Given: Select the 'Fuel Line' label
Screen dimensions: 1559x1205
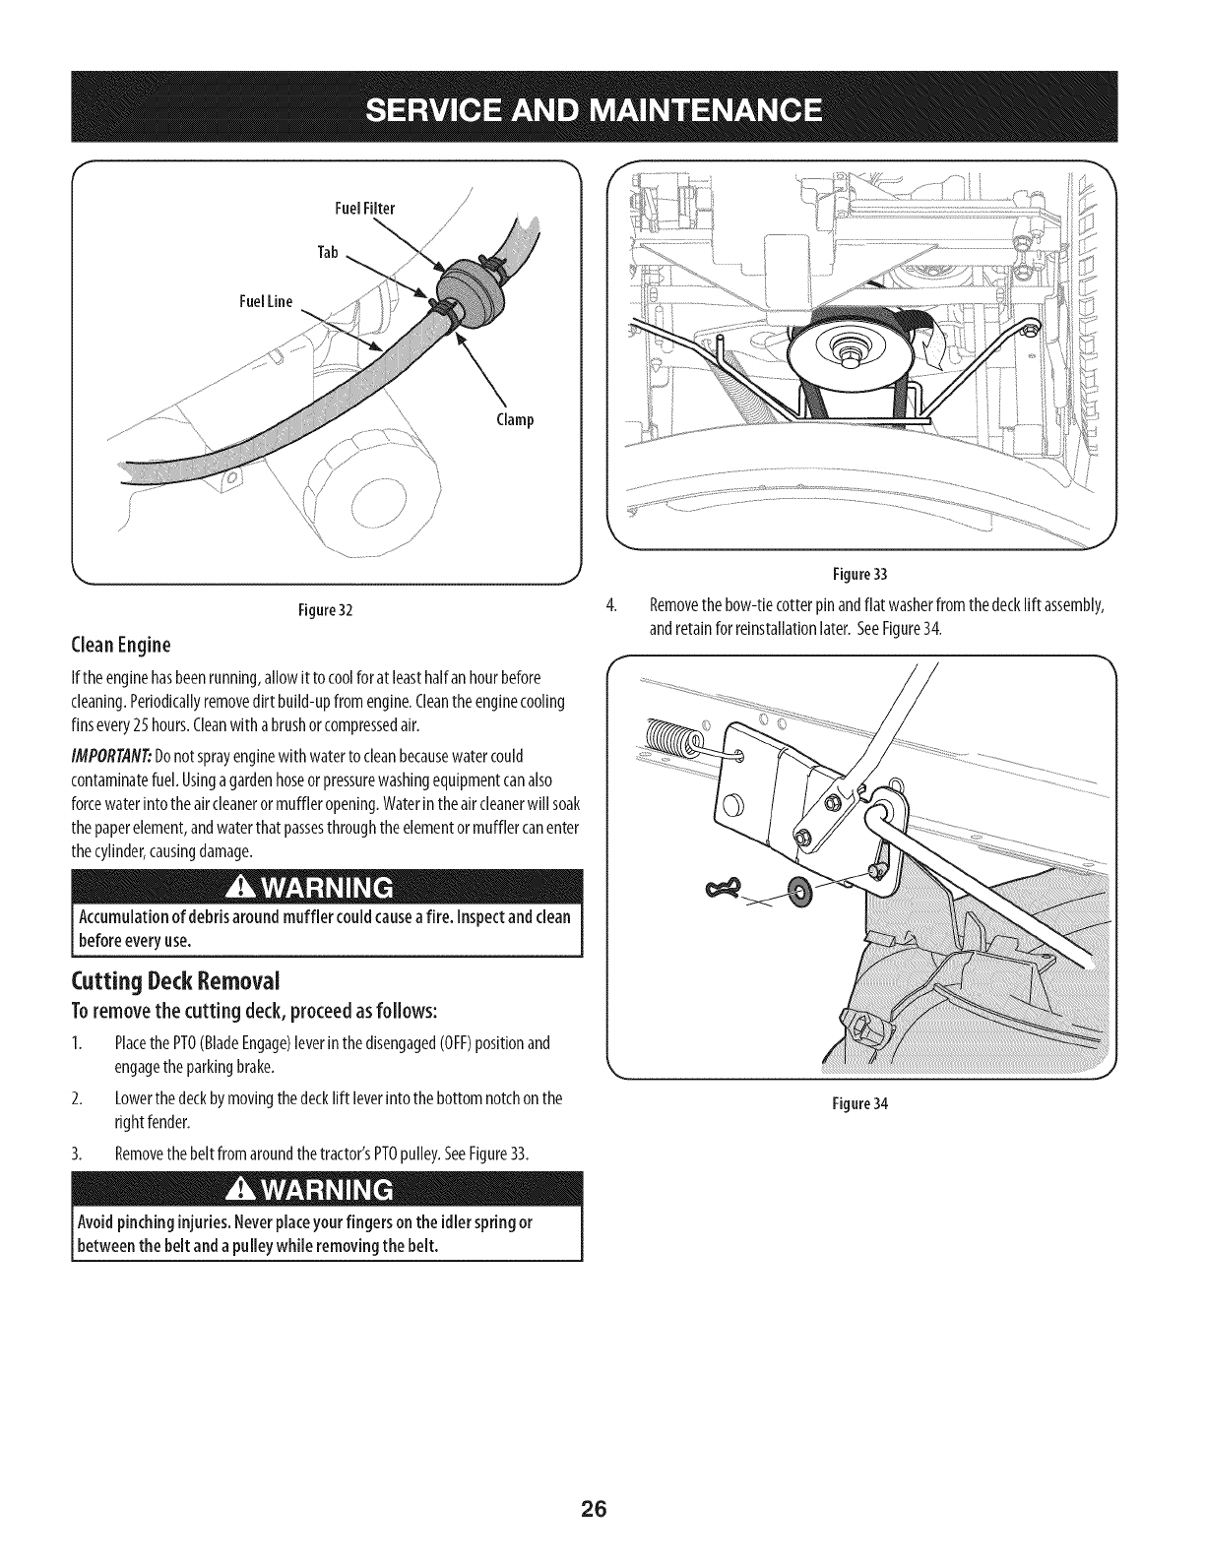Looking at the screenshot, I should coord(265,301).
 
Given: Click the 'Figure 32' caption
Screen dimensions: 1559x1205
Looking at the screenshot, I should coord(324,610).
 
